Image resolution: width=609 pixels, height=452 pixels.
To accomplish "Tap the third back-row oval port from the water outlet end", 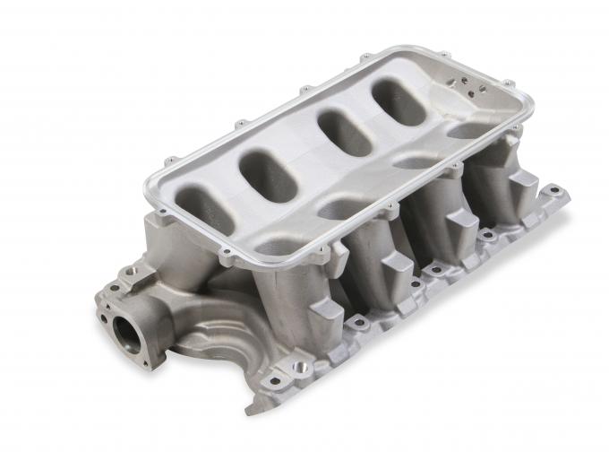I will pos(344,131).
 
